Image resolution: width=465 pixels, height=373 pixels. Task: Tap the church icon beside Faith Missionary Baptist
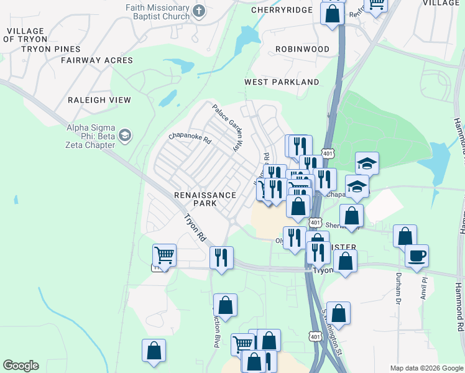(199, 11)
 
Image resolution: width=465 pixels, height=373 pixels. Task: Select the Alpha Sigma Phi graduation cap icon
(125, 136)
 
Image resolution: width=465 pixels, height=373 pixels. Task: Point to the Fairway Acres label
(97, 60)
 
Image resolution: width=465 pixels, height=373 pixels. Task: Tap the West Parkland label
(282, 82)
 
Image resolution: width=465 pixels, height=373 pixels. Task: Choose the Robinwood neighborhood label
(303, 48)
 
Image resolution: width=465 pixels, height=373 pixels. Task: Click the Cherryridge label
(280, 10)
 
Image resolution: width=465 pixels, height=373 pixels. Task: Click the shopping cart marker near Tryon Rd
(164, 254)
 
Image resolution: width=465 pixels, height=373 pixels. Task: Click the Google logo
(21, 366)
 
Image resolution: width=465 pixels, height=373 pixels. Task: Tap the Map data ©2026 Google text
(426, 368)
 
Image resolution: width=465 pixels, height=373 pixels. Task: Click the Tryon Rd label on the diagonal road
(195, 228)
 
